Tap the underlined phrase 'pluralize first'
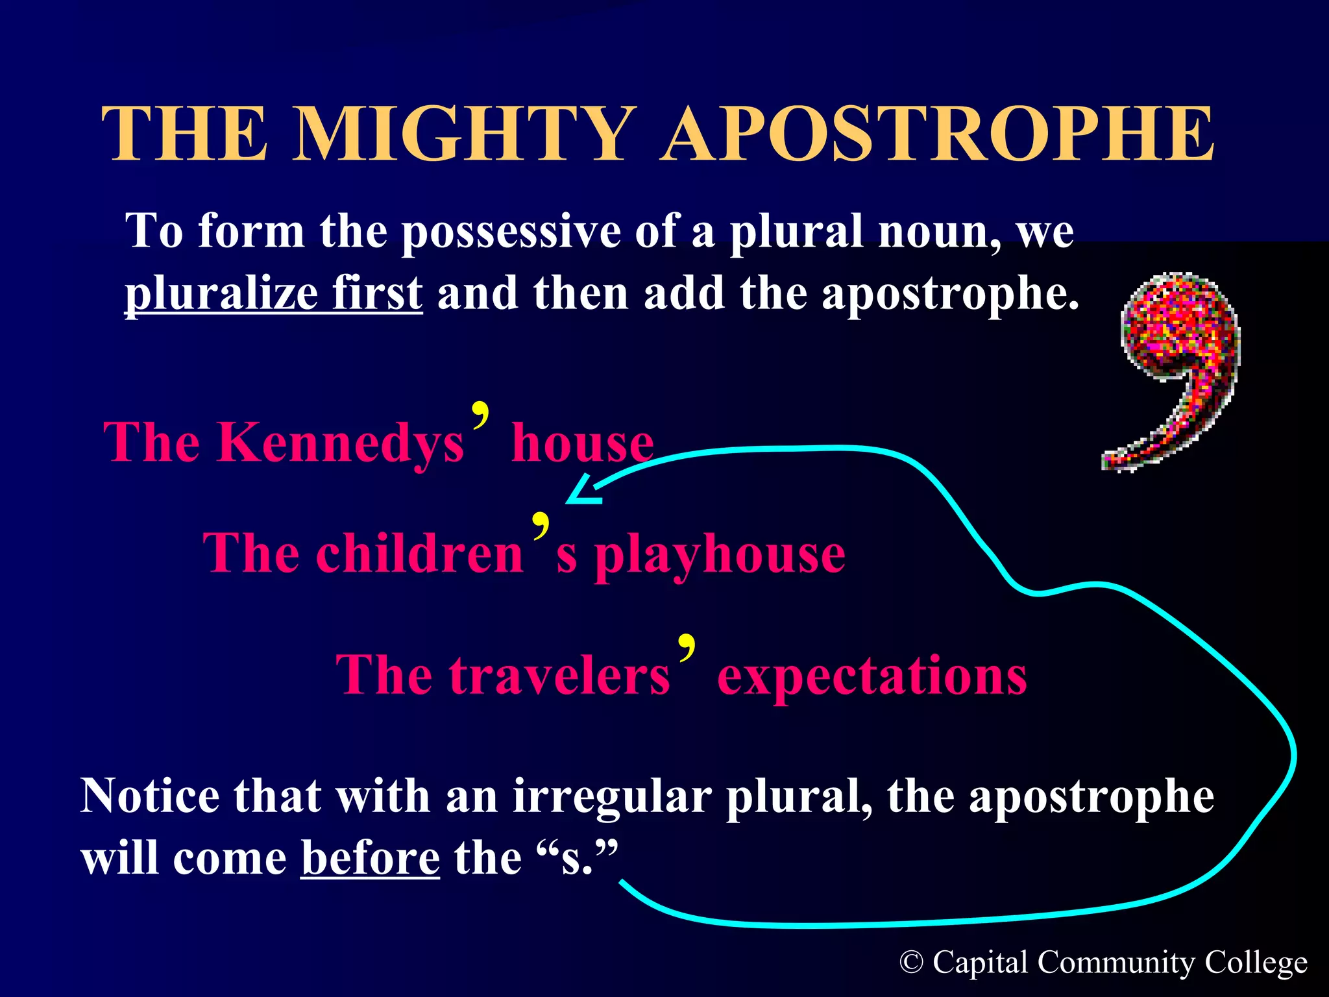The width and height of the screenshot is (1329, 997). (x=273, y=293)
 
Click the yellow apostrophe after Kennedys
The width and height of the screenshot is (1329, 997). (x=480, y=414)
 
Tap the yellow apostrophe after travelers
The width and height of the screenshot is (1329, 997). (x=687, y=646)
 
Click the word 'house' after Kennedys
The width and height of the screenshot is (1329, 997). (x=582, y=443)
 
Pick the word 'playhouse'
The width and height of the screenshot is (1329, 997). (x=720, y=556)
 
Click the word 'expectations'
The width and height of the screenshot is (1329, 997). (x=872, y=676)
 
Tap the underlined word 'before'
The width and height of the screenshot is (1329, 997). (x=370, y=858)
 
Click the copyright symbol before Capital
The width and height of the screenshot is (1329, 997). (x=911, y=963)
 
